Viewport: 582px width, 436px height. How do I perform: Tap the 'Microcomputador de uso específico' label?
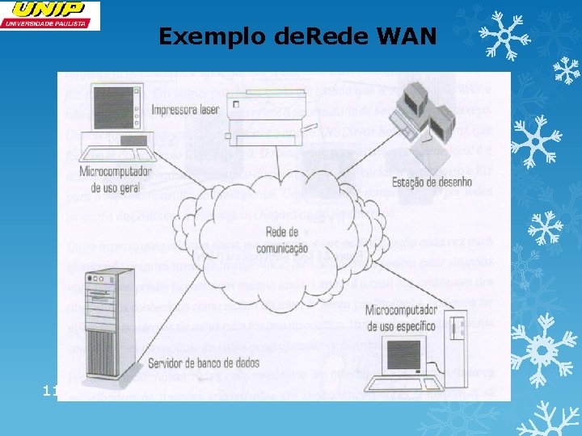(x=400, y=318)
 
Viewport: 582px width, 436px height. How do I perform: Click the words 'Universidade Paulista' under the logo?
(x=50, y=24)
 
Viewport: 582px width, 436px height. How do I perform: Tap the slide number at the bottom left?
(x=49, y=392)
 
